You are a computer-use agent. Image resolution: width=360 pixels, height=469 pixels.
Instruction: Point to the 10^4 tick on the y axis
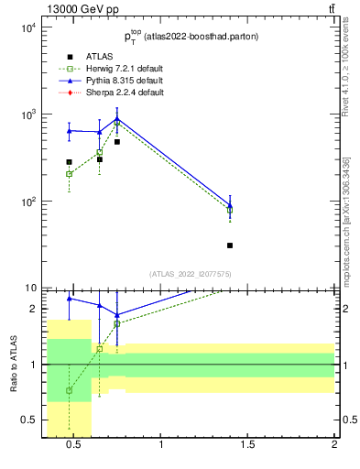[x=27, y=27]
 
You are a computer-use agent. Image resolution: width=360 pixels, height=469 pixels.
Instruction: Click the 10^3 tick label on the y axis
[x=27, y=115]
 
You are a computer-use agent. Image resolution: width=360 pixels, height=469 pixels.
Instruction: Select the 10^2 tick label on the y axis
[x=27, y=202]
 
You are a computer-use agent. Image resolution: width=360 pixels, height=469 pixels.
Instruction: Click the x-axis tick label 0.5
[x=74, y=446]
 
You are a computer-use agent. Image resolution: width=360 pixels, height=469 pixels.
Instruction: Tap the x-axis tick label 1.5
[x=247, y=446]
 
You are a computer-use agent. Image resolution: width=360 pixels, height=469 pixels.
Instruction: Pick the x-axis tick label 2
[x=333, y=446]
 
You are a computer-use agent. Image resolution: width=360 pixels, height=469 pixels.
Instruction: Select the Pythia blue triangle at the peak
[x=117, y=118]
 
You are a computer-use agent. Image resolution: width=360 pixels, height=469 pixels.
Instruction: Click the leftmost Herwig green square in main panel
[x=69, y=173]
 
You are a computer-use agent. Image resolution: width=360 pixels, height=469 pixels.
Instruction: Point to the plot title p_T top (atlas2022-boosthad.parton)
[x=190, y=38]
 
